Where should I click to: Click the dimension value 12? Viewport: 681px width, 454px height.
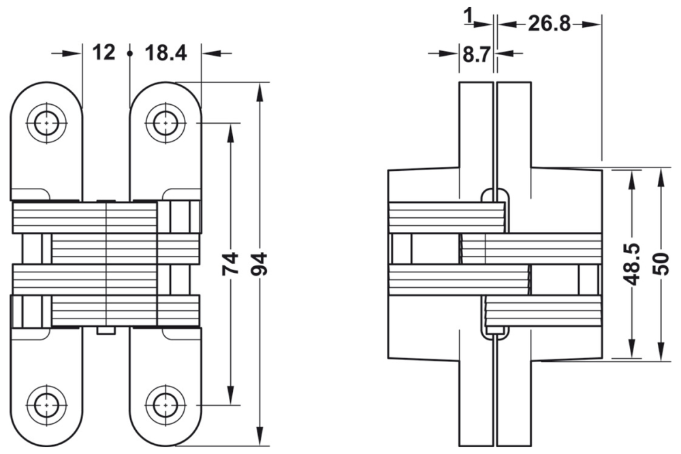[x=104, y=52]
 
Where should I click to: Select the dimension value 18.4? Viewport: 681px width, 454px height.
[x=166, y=52]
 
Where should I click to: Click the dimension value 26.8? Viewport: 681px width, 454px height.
[x=549, y=24]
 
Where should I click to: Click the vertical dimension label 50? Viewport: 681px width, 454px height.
[x=661, y=262]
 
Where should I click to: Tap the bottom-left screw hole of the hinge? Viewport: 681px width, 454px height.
[x=46, y=404]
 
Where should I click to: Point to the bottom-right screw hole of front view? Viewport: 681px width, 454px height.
[x=164, y=404]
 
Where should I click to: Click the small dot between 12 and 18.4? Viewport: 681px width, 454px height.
[x=129, y=52]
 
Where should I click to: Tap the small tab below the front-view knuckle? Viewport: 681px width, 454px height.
[x=106, y=331]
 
